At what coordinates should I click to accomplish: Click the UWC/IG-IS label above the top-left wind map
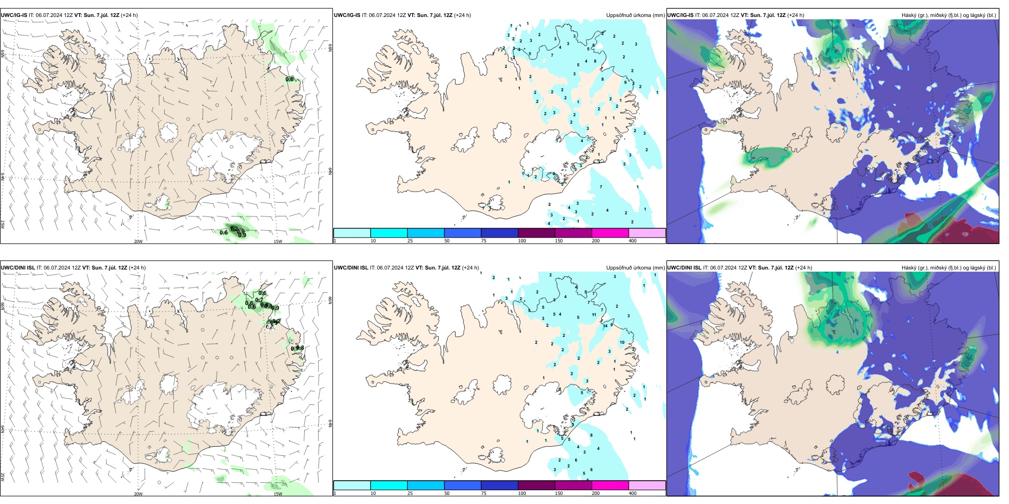pyautogui.click(x=14, y=15)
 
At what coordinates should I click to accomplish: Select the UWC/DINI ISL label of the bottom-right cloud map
pyautogui.click(x=684, y=268)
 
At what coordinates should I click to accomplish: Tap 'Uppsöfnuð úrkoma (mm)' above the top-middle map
pyautogui.click(x=635, y=15)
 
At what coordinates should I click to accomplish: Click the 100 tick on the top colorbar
pyautogui.click(x=522, y=241)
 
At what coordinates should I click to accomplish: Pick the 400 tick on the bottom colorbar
pyautogui.click(x=632, y=493)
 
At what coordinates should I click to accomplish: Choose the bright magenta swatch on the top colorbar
pyautogui.click(x=610, y=233)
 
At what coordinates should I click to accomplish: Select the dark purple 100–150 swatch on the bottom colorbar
pyautogui.click(x=536, y=485)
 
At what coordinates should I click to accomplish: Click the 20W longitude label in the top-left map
pyautogui.click(x=138, y=241)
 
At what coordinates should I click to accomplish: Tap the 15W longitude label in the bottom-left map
pyautogui.click(x=278, y=494)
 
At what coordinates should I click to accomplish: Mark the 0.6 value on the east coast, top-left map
pyautogui.click(x=289, y=79)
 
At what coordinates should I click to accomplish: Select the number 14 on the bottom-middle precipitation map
pyautogui.click(x=605, y=326)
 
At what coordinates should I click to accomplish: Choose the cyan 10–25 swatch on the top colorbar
pyautogui.click(x=389, y=233)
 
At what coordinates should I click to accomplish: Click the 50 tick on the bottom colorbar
pyautogui.click(x=447, y=493)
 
